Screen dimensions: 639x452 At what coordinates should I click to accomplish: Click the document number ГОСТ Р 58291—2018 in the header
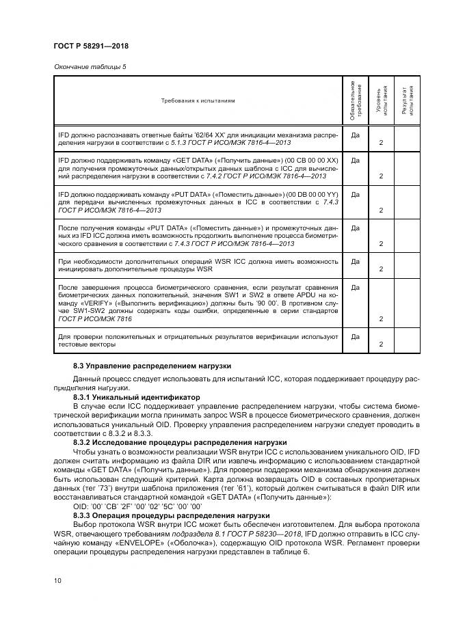coord(90,46)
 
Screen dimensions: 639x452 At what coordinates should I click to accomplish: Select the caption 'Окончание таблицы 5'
coord(85,66)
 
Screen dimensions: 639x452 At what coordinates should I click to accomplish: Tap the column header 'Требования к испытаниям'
coord(198,100)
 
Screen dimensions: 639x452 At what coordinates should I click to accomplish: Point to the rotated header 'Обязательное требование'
coord(354,100)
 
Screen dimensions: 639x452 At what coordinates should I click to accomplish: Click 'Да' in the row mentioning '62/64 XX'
coord(355,135)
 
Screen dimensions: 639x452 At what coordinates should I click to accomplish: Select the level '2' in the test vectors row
coord(380,344)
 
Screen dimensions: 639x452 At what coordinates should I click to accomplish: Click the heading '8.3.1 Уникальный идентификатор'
coord(136,396)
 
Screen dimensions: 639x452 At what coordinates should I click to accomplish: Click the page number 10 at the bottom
coord(57,580)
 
